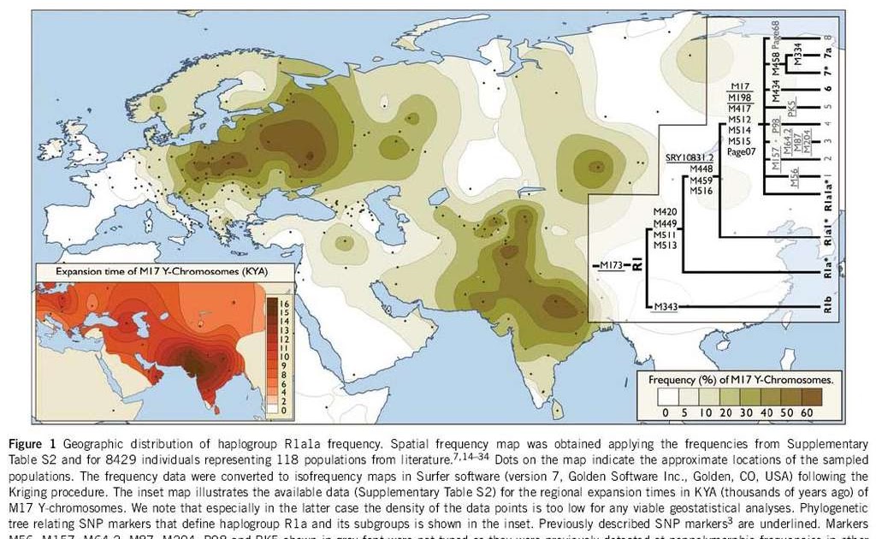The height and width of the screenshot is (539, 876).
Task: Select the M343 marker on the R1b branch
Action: [666, 307]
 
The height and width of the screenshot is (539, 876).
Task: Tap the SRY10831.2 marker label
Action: [690, 158]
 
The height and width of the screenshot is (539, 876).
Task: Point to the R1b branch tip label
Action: [828, 306]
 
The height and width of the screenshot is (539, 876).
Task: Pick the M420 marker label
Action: [665, 210]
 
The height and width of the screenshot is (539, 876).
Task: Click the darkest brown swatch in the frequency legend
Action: [807, 396]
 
